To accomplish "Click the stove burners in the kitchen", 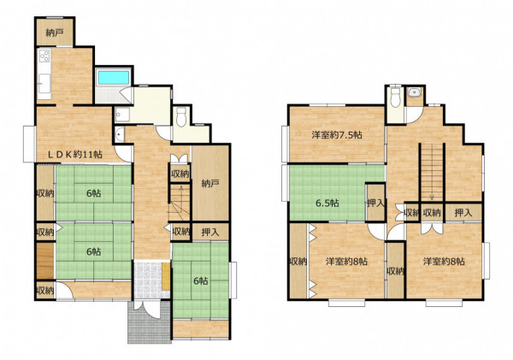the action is (x=44, y=56).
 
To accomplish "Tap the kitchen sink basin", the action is (x=44, y=83).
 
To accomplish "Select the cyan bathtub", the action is (x=114, y=78).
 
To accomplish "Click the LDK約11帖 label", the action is (x=75, y=155).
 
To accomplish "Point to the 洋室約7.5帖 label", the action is (x=337, y=135).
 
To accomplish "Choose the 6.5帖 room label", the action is (x=327, y=204).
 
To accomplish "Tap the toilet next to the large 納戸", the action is (x=181, y=117).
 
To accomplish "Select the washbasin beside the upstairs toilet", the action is (x=415, y=92).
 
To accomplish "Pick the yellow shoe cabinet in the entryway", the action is (x=166, y=276).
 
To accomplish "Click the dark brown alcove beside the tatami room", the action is (x=44, y=261).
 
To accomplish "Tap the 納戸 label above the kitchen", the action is (x=55, y=32).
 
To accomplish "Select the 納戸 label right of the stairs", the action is (x=209, y=184).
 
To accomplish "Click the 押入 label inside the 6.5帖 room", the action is (x=375, y=203).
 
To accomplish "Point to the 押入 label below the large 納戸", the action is (x=209, y=233).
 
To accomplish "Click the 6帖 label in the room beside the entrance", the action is (x=201, y=280).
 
